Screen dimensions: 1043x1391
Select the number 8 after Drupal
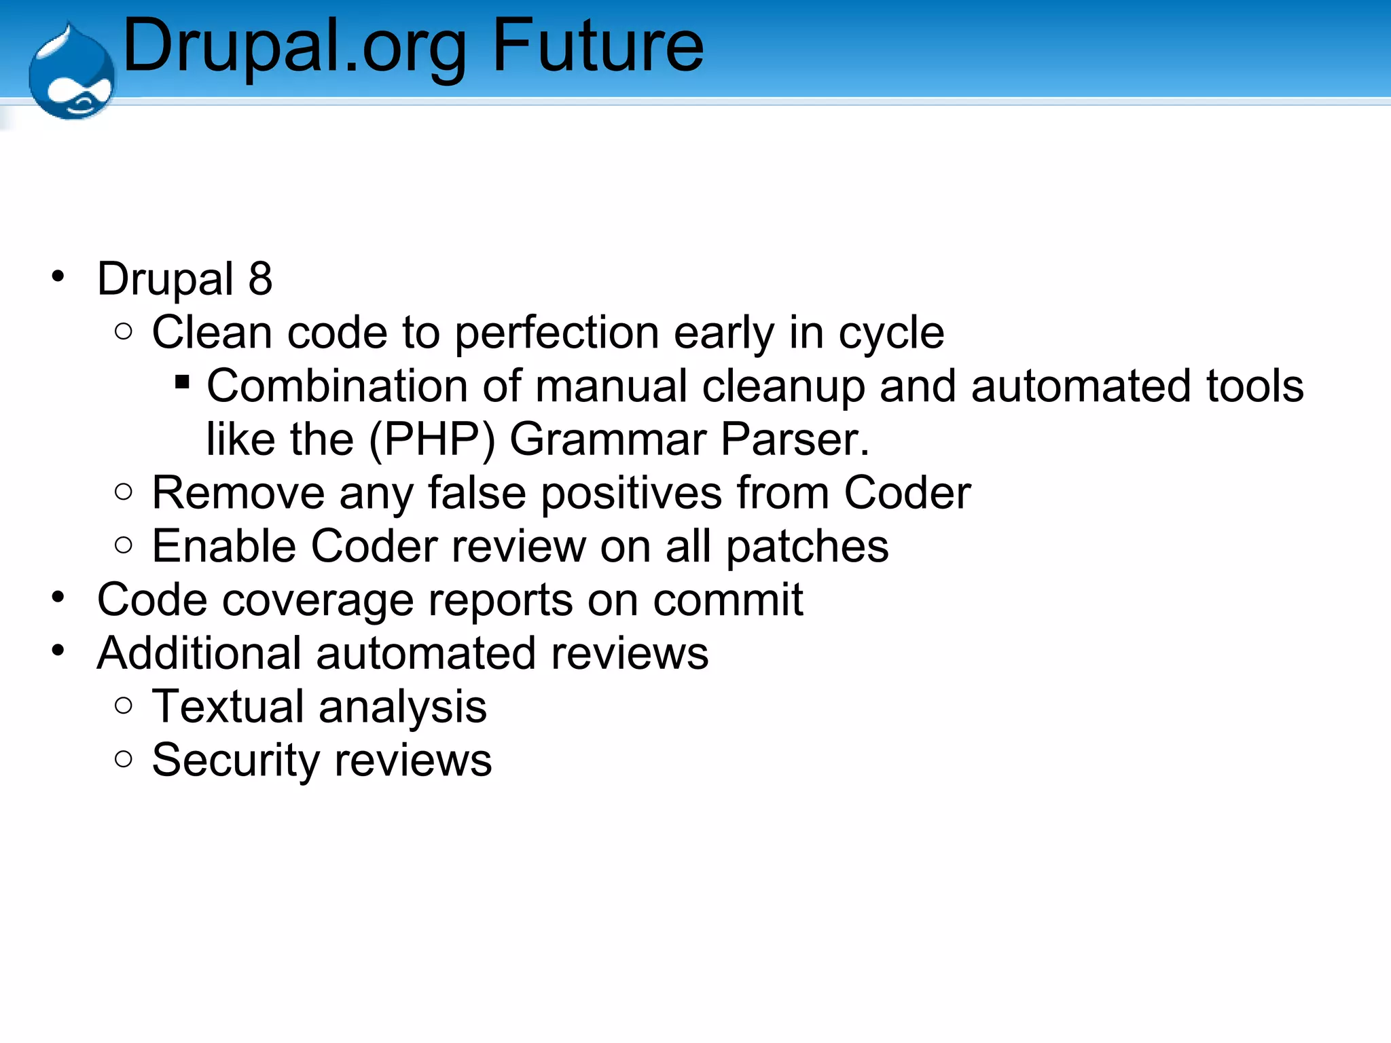(260, 278)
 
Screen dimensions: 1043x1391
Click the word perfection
(556, 333)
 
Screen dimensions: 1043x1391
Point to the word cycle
(891, 333)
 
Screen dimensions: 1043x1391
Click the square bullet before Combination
(182, 382)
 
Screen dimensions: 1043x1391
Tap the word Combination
(337, 386)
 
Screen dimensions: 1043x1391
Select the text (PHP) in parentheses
(431, 439)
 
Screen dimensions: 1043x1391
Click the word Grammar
(607, 439)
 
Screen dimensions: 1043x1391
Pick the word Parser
(795, 439)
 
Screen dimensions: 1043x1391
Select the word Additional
(199, 653)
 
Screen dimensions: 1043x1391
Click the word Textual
(228, 706)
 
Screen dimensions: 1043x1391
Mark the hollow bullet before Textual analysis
(124, 706)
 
